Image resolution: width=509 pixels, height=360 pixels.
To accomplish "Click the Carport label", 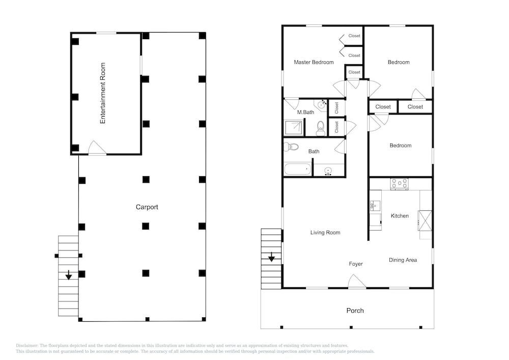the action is pos(147,207).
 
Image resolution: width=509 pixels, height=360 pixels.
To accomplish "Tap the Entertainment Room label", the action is pos(103,93).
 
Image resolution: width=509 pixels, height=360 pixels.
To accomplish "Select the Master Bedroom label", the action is pos(314,62).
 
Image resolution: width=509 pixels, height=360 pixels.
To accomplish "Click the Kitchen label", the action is pos(400,216).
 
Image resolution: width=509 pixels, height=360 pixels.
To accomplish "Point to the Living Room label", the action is pos(325,232).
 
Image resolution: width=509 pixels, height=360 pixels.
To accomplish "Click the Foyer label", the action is pos(356,264).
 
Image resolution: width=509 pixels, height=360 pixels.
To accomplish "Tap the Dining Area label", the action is pos(403,260).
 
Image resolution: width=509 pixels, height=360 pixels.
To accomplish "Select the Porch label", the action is pos(355,311).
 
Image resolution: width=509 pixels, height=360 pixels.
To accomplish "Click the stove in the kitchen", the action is pos(399,184).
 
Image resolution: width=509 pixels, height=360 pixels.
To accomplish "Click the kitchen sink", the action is pos(375,206).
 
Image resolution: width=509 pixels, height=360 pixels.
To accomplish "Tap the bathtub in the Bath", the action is pos(297,169).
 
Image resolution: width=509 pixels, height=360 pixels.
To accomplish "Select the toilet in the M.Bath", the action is pos(320,128).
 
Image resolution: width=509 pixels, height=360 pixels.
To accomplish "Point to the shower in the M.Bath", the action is pos(294,128).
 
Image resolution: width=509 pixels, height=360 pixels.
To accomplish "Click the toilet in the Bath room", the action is pos(292,147).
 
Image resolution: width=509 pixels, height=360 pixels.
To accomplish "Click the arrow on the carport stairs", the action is pos(69,275).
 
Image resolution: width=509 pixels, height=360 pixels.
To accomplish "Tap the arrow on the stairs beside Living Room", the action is pos(271,257).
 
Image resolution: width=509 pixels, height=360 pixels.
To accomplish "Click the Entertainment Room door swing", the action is pos(97,148).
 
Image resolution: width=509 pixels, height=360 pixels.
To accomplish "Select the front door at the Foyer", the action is pos(357,281).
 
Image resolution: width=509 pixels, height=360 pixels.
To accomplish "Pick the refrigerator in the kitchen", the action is pos(425,220).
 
